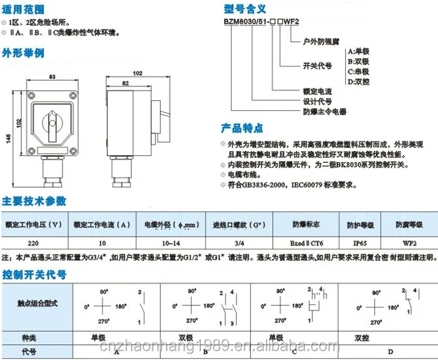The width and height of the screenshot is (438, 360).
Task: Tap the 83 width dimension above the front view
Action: tap(53, 77)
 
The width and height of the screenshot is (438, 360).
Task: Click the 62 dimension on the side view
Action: tap(126, 82)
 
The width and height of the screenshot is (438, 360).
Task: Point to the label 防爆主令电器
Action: tap(325, 111)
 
